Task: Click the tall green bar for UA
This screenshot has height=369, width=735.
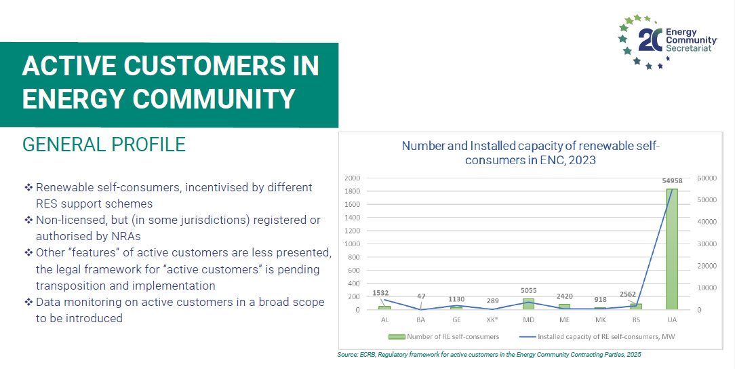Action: point(672,249)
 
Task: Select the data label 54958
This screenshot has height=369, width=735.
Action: point(672,181)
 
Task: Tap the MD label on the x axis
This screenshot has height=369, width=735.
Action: point(529,319)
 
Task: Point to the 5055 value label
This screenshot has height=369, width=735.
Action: point(528,290)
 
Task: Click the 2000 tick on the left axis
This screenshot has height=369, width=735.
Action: point(353,178)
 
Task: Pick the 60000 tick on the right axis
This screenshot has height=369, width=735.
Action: point(707,178)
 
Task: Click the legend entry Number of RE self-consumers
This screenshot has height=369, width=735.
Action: point(443,336)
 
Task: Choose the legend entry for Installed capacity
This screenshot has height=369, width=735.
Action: point(596,336)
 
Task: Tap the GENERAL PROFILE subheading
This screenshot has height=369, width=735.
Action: point(104,144)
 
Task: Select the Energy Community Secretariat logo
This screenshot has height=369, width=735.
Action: point(667,41)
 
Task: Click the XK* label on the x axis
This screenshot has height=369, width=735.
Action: point(493,319)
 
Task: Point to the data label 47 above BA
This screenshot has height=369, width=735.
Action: point(421,296)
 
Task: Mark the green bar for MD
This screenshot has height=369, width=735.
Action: point(529,304)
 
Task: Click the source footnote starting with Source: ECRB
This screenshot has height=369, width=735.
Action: point(489,355)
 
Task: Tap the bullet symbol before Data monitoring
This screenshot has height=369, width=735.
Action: point(28,303)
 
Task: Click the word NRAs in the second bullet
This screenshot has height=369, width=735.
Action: point(125,236)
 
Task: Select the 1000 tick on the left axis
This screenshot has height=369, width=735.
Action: point(353,244)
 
